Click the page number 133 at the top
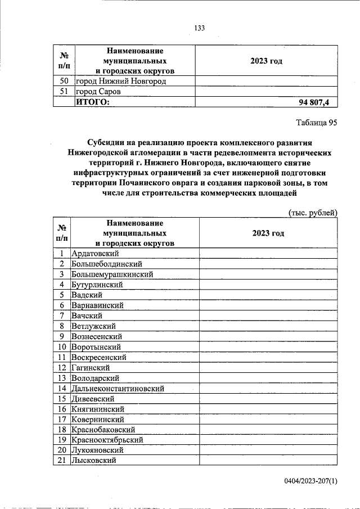point(199,29)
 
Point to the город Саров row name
point(98,91)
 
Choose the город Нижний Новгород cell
point(121,81)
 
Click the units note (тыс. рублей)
point(312,213)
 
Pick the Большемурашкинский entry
point(112,274)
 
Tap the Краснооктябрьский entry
point(107,440)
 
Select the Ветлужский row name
point(93,326)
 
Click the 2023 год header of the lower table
point(268,233)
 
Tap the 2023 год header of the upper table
point(265,61)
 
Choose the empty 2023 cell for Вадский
point(268,295)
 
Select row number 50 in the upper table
point(64,81)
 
